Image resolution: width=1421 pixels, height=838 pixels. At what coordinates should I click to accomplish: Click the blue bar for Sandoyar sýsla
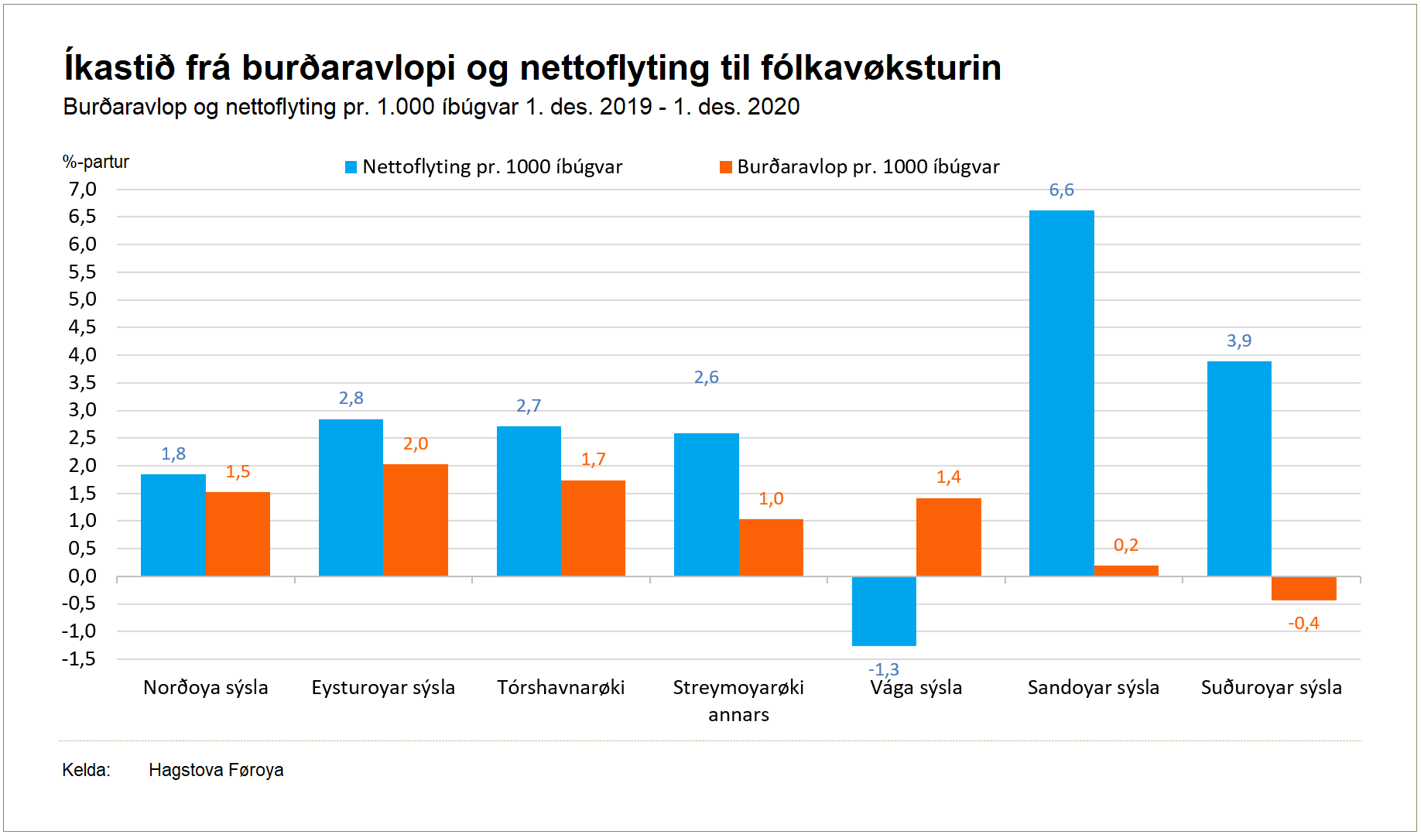pyautogui.click(x=1061, y=393)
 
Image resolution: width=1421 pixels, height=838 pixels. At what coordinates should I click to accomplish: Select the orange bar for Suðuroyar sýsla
pyautogui.click(x=1303, y=588)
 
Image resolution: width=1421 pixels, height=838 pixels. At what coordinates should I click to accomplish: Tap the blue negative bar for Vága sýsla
pyautogui.click(x=884, y=611)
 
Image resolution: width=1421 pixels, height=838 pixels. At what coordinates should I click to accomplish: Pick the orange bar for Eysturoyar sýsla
pyautogui.click(x=416, y=520)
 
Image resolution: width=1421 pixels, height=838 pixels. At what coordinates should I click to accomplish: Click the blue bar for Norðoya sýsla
pyautogui.click(x=173, y=525)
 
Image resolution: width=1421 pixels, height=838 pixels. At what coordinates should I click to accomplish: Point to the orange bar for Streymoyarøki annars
pyautogui.click(x=771, y=547)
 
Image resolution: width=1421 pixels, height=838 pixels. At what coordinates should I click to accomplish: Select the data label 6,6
pyautogui.click(x=1061, y=190)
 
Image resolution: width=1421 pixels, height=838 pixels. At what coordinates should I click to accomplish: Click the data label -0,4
pyautogui.click(x=1303, y=623)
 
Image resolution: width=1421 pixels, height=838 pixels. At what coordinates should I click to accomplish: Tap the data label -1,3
pyautogui.click(x=883, y=669)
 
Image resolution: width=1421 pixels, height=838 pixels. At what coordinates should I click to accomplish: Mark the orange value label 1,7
pyautogui.click(x=594, y=460)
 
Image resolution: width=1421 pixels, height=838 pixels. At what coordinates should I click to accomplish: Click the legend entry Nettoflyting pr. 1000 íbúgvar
pyautogui.click(x=492, y=167)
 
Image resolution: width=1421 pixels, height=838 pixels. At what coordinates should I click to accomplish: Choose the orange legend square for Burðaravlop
pyautogui.click(x=726, y=167)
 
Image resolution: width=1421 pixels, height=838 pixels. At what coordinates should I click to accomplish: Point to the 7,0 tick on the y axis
pyautogui.click(x=83, y=190)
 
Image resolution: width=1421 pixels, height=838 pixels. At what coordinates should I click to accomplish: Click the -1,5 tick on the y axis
pyautogui.click(x=80, y=659)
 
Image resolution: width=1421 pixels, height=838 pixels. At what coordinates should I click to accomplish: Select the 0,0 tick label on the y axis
pyautogui.click(x=83, y=576)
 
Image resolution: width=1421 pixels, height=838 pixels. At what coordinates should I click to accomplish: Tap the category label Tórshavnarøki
pyautogui.click(x=560, y=688)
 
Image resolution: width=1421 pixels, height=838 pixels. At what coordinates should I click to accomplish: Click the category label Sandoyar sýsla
pyautogui.click(x=1093, y=688)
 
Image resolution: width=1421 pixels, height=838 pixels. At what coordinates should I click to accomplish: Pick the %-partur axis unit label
pyautogui.click(x=96, y=162)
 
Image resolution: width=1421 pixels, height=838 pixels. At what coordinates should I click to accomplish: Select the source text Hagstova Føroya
pyautogui.click(x=216, y=771)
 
